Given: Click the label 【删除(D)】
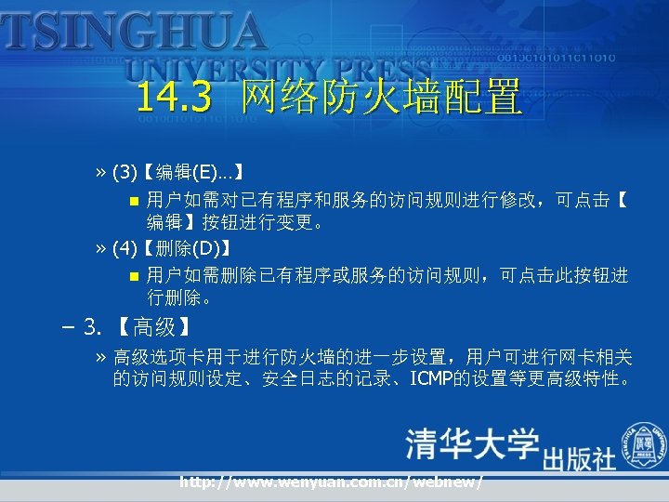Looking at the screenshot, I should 187,248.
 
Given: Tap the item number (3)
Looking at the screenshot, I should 125,172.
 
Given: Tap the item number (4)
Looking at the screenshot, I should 125,248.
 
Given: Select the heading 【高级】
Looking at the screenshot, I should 154,326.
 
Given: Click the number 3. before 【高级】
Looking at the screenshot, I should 93,326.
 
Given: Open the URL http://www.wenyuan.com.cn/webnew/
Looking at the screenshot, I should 332,482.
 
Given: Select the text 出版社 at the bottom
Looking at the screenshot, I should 579,459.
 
